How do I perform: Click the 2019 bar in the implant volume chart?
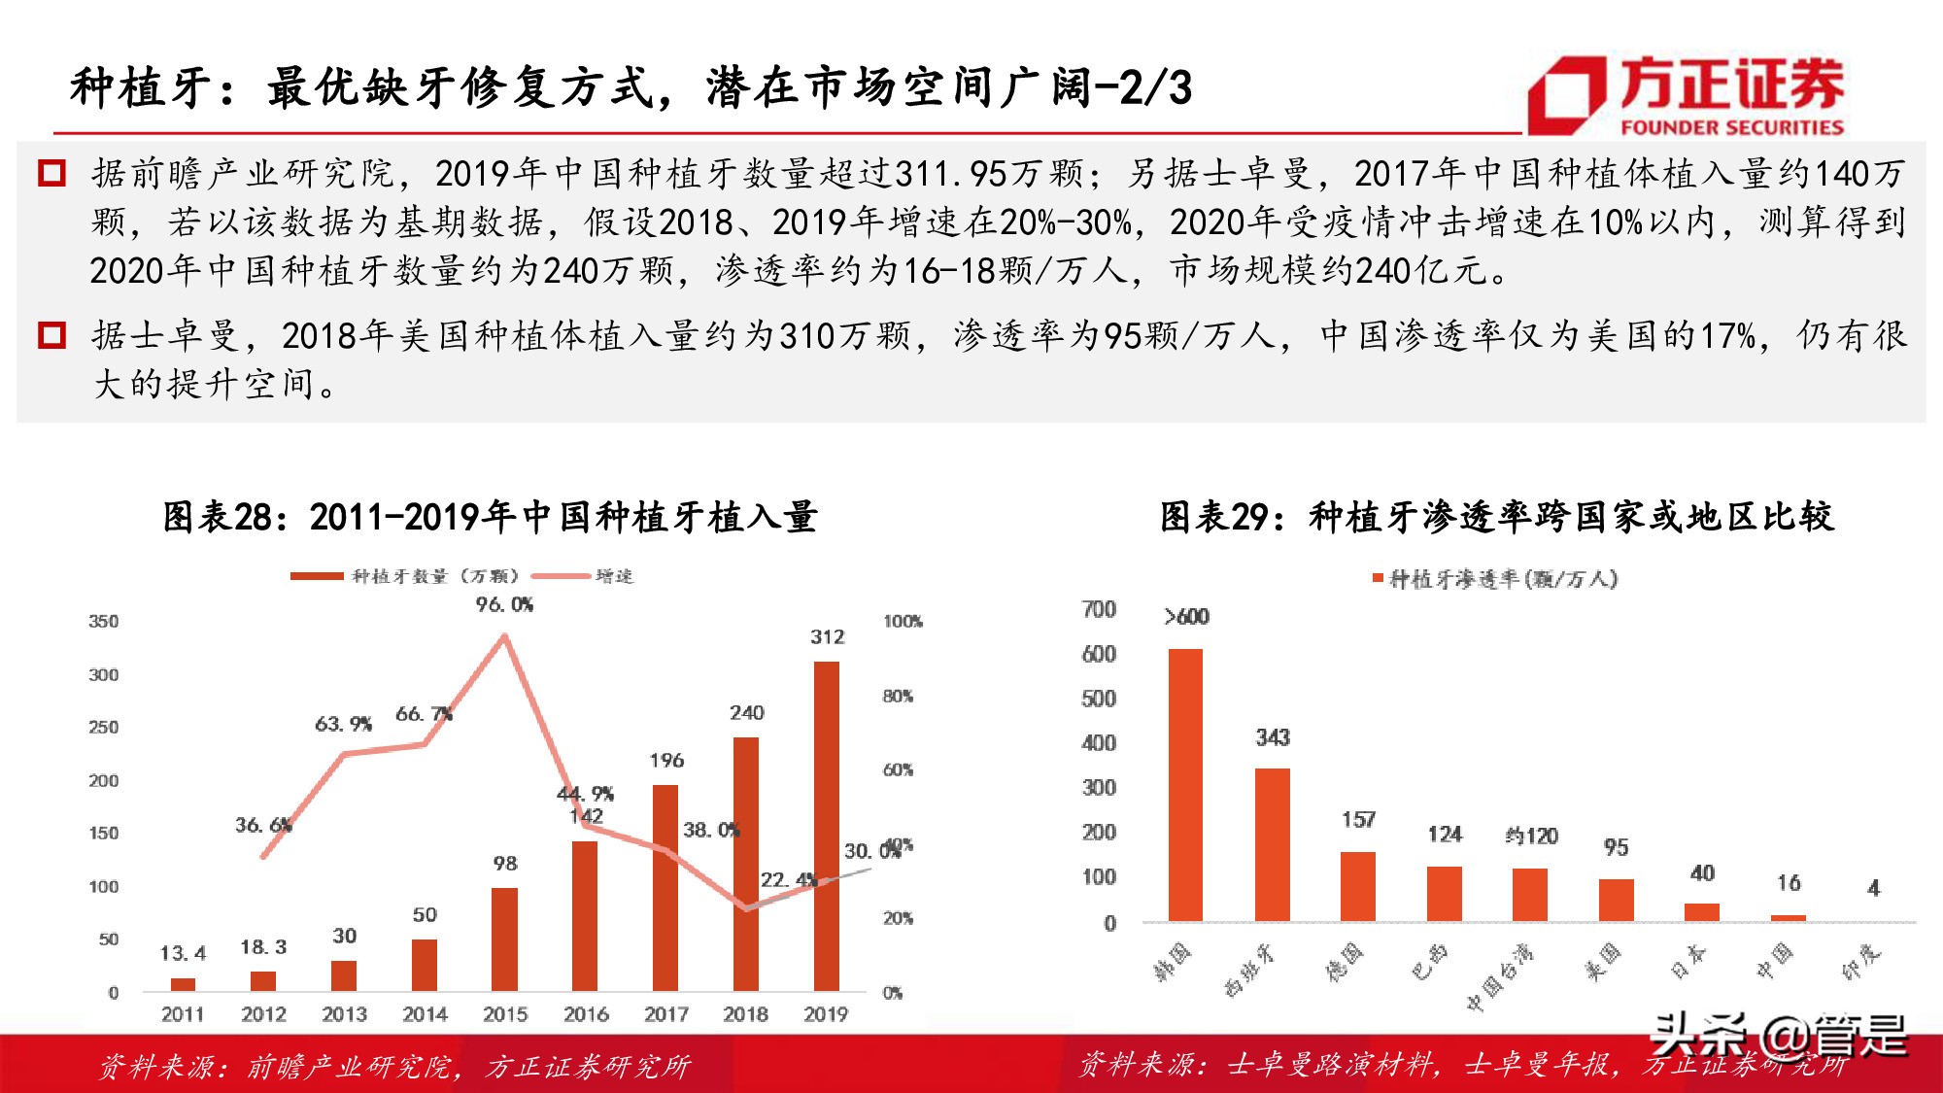pyautogui.click(x=826, y=826)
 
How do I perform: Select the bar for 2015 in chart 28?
pyautogui.click(x=504, y=939)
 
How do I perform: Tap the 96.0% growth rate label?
pyautogui.click(x=504, y=604)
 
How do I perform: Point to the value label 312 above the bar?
pyautogui.click(x=827, y=637)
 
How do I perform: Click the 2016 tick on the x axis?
pyautogui.click(x=586, y=1014)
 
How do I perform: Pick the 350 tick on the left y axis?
pyautogui.click(x=104, y=622)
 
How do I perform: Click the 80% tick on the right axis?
pyautogui.click(x=898, y=697)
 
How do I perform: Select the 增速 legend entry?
pyautogui.click(x=613, y=576)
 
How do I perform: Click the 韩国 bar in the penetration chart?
pyautogui.click(x=1185, y=785)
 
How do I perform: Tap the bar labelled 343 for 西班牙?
pyautogui.click(x=1272, y=844)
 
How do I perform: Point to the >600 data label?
pyautogui.click(x=1186, y=617)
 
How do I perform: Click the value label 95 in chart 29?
pyautogui.click(x=1616, y=848)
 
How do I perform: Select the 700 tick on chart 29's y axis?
pyautogui.click(x=1099, y=609)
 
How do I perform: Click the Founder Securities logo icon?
pyautogui.click(x=1567, y=94)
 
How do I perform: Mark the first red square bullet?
pyautogui.click(x=51, y=174)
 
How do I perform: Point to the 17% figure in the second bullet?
pyautogui.click(x=1726, y=336)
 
